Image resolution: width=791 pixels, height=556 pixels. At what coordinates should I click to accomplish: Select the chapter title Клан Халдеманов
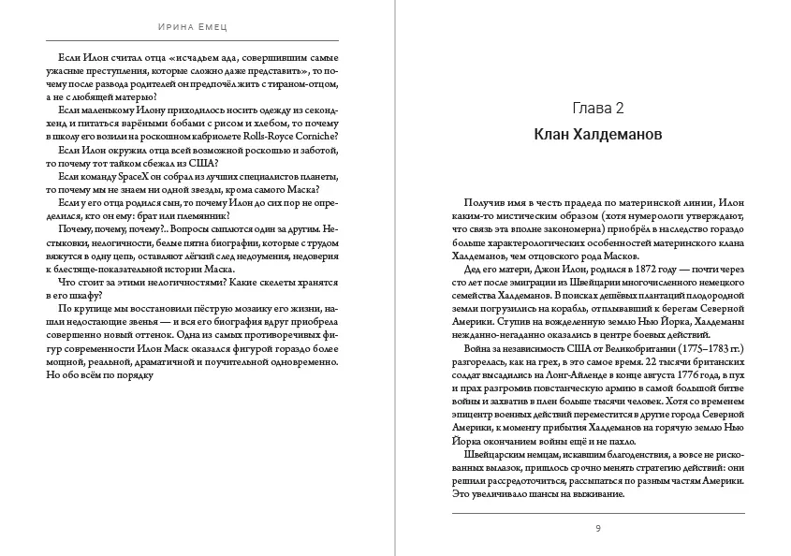pyautogui.click(x=598, y=135)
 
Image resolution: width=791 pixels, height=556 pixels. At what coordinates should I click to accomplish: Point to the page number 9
pyautogui.click(x=598, y=529)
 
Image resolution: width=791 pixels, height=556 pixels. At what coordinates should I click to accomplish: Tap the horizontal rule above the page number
pyautogui.click(x=598, y=513)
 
